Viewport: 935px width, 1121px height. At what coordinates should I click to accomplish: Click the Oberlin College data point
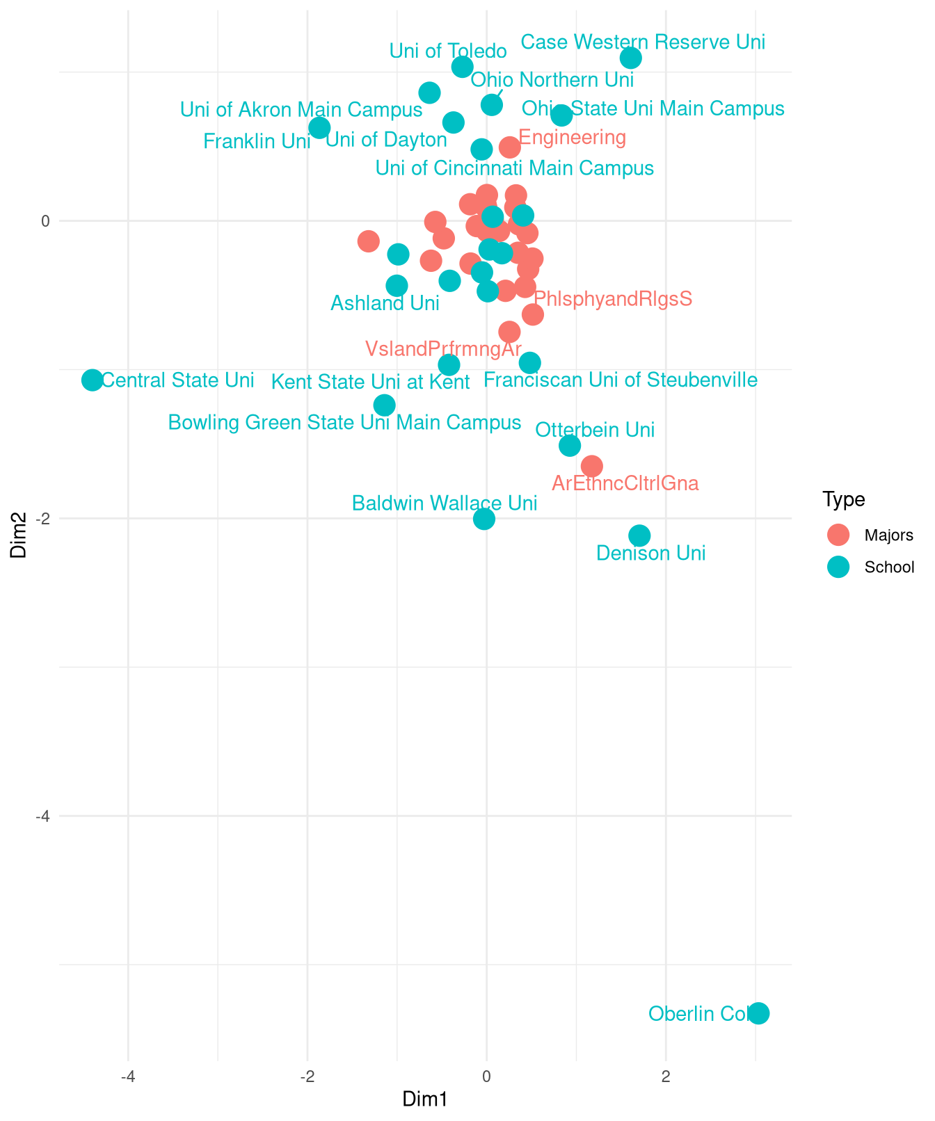click(x=759, y=1013)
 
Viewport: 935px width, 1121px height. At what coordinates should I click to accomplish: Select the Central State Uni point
click(x=92, y=380)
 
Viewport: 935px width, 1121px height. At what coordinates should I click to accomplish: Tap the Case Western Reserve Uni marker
click(x=630, y=58)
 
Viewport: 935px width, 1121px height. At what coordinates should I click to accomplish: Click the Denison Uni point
click(x=639, y=535)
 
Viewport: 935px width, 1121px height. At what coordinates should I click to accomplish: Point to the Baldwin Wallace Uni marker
click(x=484, y=519)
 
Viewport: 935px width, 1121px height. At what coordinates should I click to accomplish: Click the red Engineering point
click(x=509, y=147)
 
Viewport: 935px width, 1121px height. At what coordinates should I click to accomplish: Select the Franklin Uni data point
click(x=319, y=128)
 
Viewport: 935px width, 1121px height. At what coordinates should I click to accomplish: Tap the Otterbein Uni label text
click(x=595, y=430)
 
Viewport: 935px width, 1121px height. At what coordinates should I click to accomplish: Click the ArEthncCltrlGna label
click(x=625, y=483)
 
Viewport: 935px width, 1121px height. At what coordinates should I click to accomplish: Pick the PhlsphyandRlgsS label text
click(x=613, y=299)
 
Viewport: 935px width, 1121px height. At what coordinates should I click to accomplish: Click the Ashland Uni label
click(x=385, y=303)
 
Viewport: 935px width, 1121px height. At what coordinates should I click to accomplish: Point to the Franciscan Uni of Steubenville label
click(x=620, y=380)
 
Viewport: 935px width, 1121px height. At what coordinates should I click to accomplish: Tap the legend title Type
click(x=843, y=499)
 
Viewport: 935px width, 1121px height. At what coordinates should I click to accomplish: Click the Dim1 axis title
click(x=425, y=1099)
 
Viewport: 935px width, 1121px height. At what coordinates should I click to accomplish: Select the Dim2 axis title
click(x=19, y=535)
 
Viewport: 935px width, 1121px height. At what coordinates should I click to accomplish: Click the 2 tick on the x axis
click(x=666, y=1077)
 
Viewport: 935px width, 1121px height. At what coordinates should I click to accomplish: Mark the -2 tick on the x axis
click(x=307, y=1077)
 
